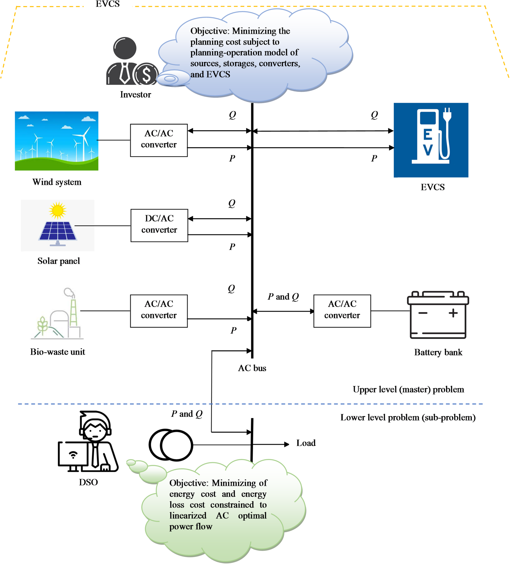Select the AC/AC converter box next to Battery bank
point(342,311)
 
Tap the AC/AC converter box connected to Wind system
point(159,140)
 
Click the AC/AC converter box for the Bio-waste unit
point(159,311)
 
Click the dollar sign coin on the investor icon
point(146,74)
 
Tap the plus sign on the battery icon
point(453,313)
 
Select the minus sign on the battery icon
point(423,313)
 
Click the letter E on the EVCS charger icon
point(428,135)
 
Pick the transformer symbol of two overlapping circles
point(171,445)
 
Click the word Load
point(306,443)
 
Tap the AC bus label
point(252,368)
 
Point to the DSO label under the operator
point(88,482)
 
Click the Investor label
point(135,95)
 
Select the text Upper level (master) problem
point(408,389)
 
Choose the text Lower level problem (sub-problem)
point(408,417)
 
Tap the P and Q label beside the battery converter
point(283,296)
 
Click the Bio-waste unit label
point(58,352)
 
